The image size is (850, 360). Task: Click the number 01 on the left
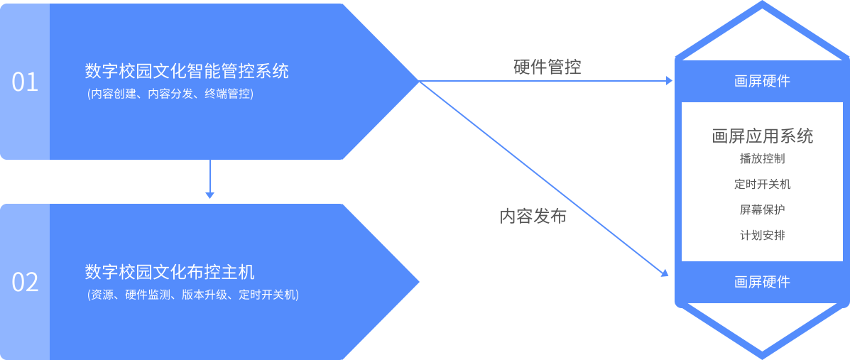point(25,82)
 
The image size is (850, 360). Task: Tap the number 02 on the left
point(25,283)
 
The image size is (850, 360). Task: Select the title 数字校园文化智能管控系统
point(187,72)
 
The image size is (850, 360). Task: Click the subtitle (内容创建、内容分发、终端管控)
point(169,94)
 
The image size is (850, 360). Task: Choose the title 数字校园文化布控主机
point(170,272)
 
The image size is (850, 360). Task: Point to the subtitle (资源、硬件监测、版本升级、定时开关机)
point(192,295)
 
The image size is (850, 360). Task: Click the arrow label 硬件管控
point(547,67)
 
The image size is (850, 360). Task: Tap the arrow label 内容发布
point(533,217)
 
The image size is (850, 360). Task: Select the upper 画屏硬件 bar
point(762,81)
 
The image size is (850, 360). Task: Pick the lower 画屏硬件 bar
point(762,282)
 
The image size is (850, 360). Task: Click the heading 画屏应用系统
point(762,136)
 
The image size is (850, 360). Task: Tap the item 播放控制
point(762,159)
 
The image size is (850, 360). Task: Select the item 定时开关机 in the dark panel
point(762,185)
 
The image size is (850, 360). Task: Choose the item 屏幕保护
point(762,210)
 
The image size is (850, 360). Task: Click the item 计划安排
point(762,235)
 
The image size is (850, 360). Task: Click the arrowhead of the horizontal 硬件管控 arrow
point(669,81)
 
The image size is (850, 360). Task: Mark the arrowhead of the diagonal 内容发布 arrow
point(665,273)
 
